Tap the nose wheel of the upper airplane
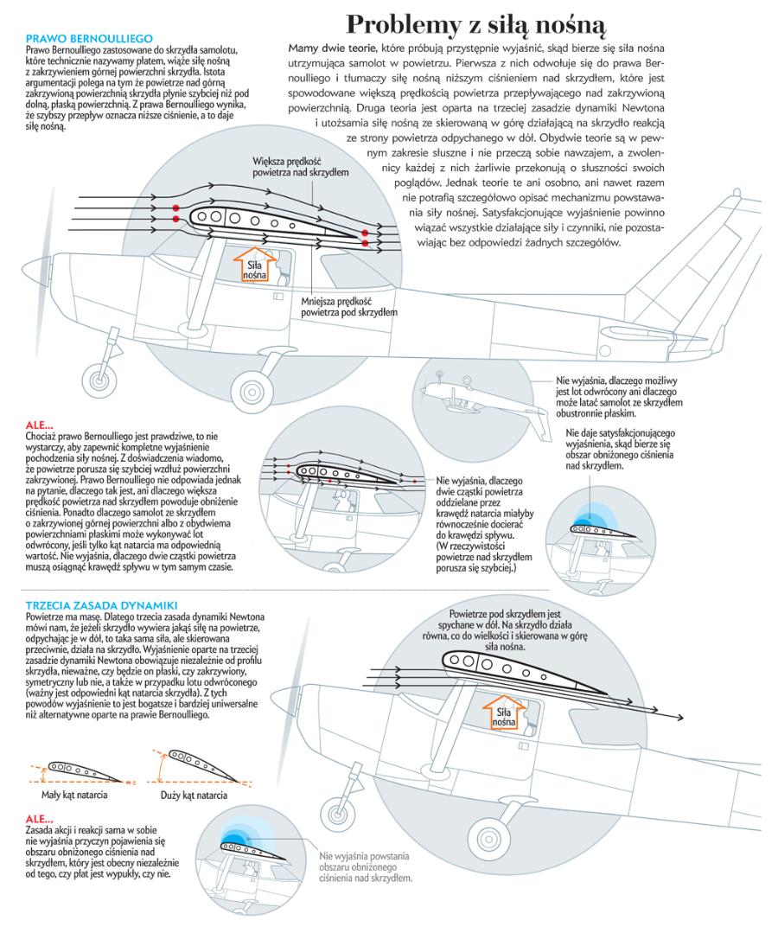point(96,380)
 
